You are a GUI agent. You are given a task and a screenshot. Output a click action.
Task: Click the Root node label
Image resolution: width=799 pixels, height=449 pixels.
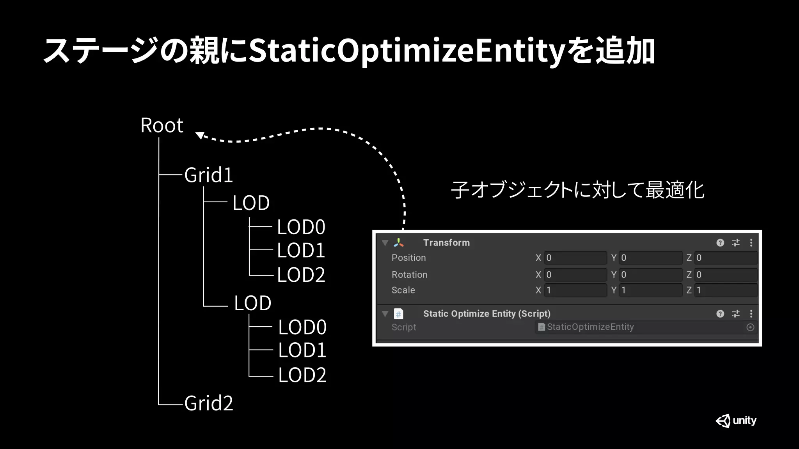[162, 126]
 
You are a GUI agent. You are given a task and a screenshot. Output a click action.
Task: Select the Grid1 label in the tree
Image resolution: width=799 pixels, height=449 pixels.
[208, 175]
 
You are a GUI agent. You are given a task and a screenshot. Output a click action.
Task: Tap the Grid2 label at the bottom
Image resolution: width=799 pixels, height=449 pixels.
[208, 403]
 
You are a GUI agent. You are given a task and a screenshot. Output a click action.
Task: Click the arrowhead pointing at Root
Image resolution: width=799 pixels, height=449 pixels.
[200, 135]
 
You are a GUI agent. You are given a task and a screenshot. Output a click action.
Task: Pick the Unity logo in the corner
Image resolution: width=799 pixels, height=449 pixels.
[736, 421]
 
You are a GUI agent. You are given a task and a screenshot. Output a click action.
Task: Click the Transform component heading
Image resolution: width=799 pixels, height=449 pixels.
[446, 243]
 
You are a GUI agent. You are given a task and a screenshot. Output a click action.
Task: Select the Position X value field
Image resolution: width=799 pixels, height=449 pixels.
[575, 258]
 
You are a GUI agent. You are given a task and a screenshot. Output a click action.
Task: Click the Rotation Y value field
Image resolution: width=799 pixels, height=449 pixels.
[650, 275]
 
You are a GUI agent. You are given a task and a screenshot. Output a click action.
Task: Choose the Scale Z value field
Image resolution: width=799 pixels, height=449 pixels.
[726, 290]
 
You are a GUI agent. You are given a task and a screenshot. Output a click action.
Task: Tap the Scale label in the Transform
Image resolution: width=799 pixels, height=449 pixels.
[403, 290]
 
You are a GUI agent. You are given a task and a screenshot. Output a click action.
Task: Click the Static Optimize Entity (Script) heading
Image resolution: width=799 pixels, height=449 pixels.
[487, 314]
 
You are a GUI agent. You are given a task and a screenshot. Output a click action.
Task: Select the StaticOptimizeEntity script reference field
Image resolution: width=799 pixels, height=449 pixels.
[640, 327]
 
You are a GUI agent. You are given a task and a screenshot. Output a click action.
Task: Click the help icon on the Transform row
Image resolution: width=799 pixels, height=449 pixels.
[720, 243]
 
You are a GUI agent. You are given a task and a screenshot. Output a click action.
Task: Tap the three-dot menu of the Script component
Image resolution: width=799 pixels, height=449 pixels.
[751, 314]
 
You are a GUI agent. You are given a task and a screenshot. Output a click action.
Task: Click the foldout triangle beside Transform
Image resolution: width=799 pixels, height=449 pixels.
[385, 243]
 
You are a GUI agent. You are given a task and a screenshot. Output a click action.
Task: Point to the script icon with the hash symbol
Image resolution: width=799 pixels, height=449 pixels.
[398, 314]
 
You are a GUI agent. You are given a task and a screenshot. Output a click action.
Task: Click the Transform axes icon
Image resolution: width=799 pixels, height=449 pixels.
[398, 243]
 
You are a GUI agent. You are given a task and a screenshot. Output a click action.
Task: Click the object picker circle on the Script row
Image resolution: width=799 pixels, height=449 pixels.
[750, 327]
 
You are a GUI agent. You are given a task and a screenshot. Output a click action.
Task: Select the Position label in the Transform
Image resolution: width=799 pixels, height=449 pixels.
[408, 258]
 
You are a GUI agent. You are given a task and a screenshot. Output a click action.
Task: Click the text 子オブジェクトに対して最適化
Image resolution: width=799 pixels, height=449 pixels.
[577, 190]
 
